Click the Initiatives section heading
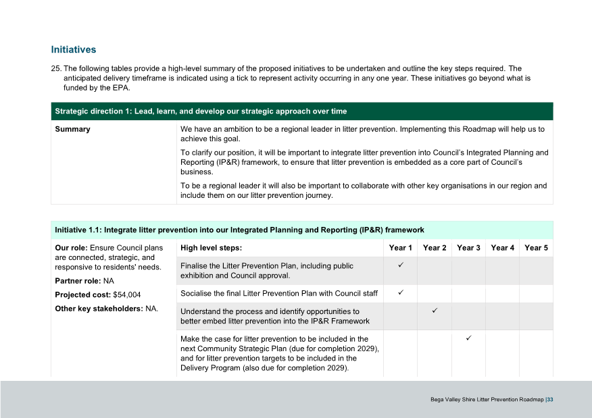tap(74, 50)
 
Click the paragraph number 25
tap(56, 69)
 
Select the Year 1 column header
tap(401, 248)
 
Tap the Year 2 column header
tap(435, 248)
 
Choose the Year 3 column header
tap(468, 248)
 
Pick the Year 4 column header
tap(502, 248)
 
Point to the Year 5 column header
tap(536, 248)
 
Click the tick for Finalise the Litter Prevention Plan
tap(401, 265)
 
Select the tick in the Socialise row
tap(401, 292)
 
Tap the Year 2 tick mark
tap(435, 310)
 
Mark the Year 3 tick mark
tap(468, 337)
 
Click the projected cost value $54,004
tap(125, 294)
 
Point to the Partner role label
tap(78, 280)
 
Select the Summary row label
tap(72, 129)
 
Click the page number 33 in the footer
tap(551, 400)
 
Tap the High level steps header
tap(211, 248)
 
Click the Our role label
tap(70, 248)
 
